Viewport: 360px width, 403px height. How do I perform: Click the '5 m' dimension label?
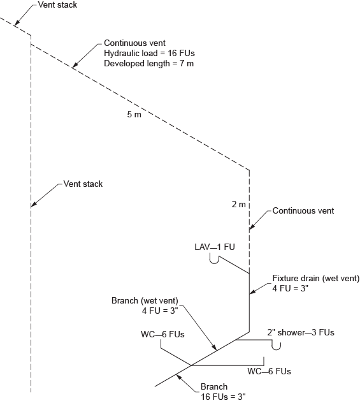click(x=133, y=115)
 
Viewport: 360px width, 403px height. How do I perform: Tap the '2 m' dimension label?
click(x=238, y=204)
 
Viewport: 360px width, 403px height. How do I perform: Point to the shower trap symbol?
click(x=277, y=346)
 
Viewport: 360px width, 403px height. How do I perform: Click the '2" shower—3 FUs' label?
click(x=301, y=332)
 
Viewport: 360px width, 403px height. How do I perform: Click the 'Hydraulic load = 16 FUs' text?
click(x=140, y=55)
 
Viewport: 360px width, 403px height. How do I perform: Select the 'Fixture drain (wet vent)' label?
click(x=316, y=279)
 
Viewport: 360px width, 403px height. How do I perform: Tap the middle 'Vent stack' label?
click(x=83, y=184)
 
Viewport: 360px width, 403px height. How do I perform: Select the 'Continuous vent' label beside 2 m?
click(x=303, y=210)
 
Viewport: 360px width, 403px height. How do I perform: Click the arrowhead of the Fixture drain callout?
click(x=251, y=293)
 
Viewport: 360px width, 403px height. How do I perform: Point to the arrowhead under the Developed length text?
click(x=74, y=66)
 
